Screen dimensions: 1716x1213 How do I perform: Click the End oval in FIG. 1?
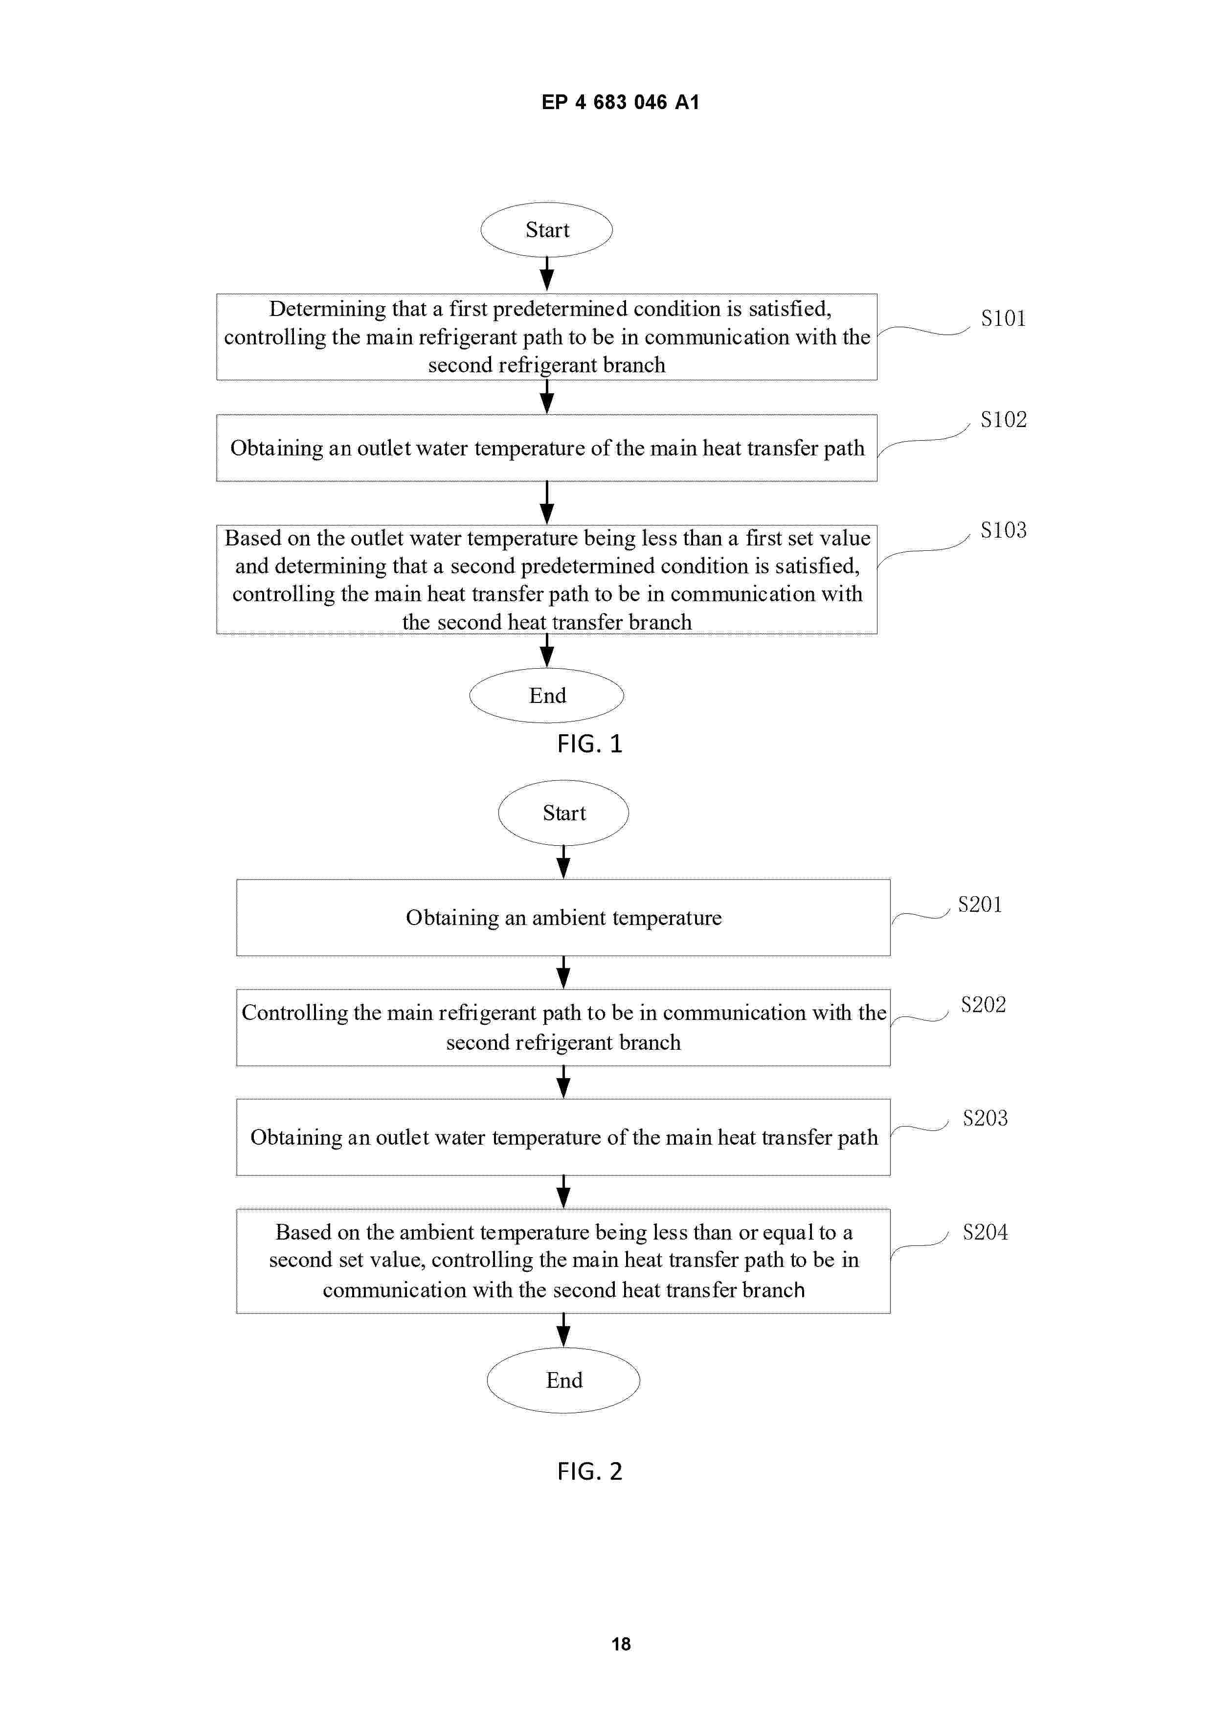[x=546, y=695]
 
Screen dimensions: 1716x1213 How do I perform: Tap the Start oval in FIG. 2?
[x=563, y=813]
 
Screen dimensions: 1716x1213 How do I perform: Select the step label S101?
[x=1003, y=318]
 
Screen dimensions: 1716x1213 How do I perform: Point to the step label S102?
[x=1003, y=419]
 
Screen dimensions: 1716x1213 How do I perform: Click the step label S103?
[x=1003, y=530]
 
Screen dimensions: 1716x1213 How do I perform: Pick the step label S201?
[x=979, y=904]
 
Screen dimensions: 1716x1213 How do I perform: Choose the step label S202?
[x=983, y=1004]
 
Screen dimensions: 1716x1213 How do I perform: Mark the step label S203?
[x=984, y=1118]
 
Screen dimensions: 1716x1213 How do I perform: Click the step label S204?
[x=984, y=1232]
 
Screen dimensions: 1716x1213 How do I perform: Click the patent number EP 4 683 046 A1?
[x=620, y=102]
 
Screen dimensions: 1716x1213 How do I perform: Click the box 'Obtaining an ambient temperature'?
[x=563, y=917]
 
